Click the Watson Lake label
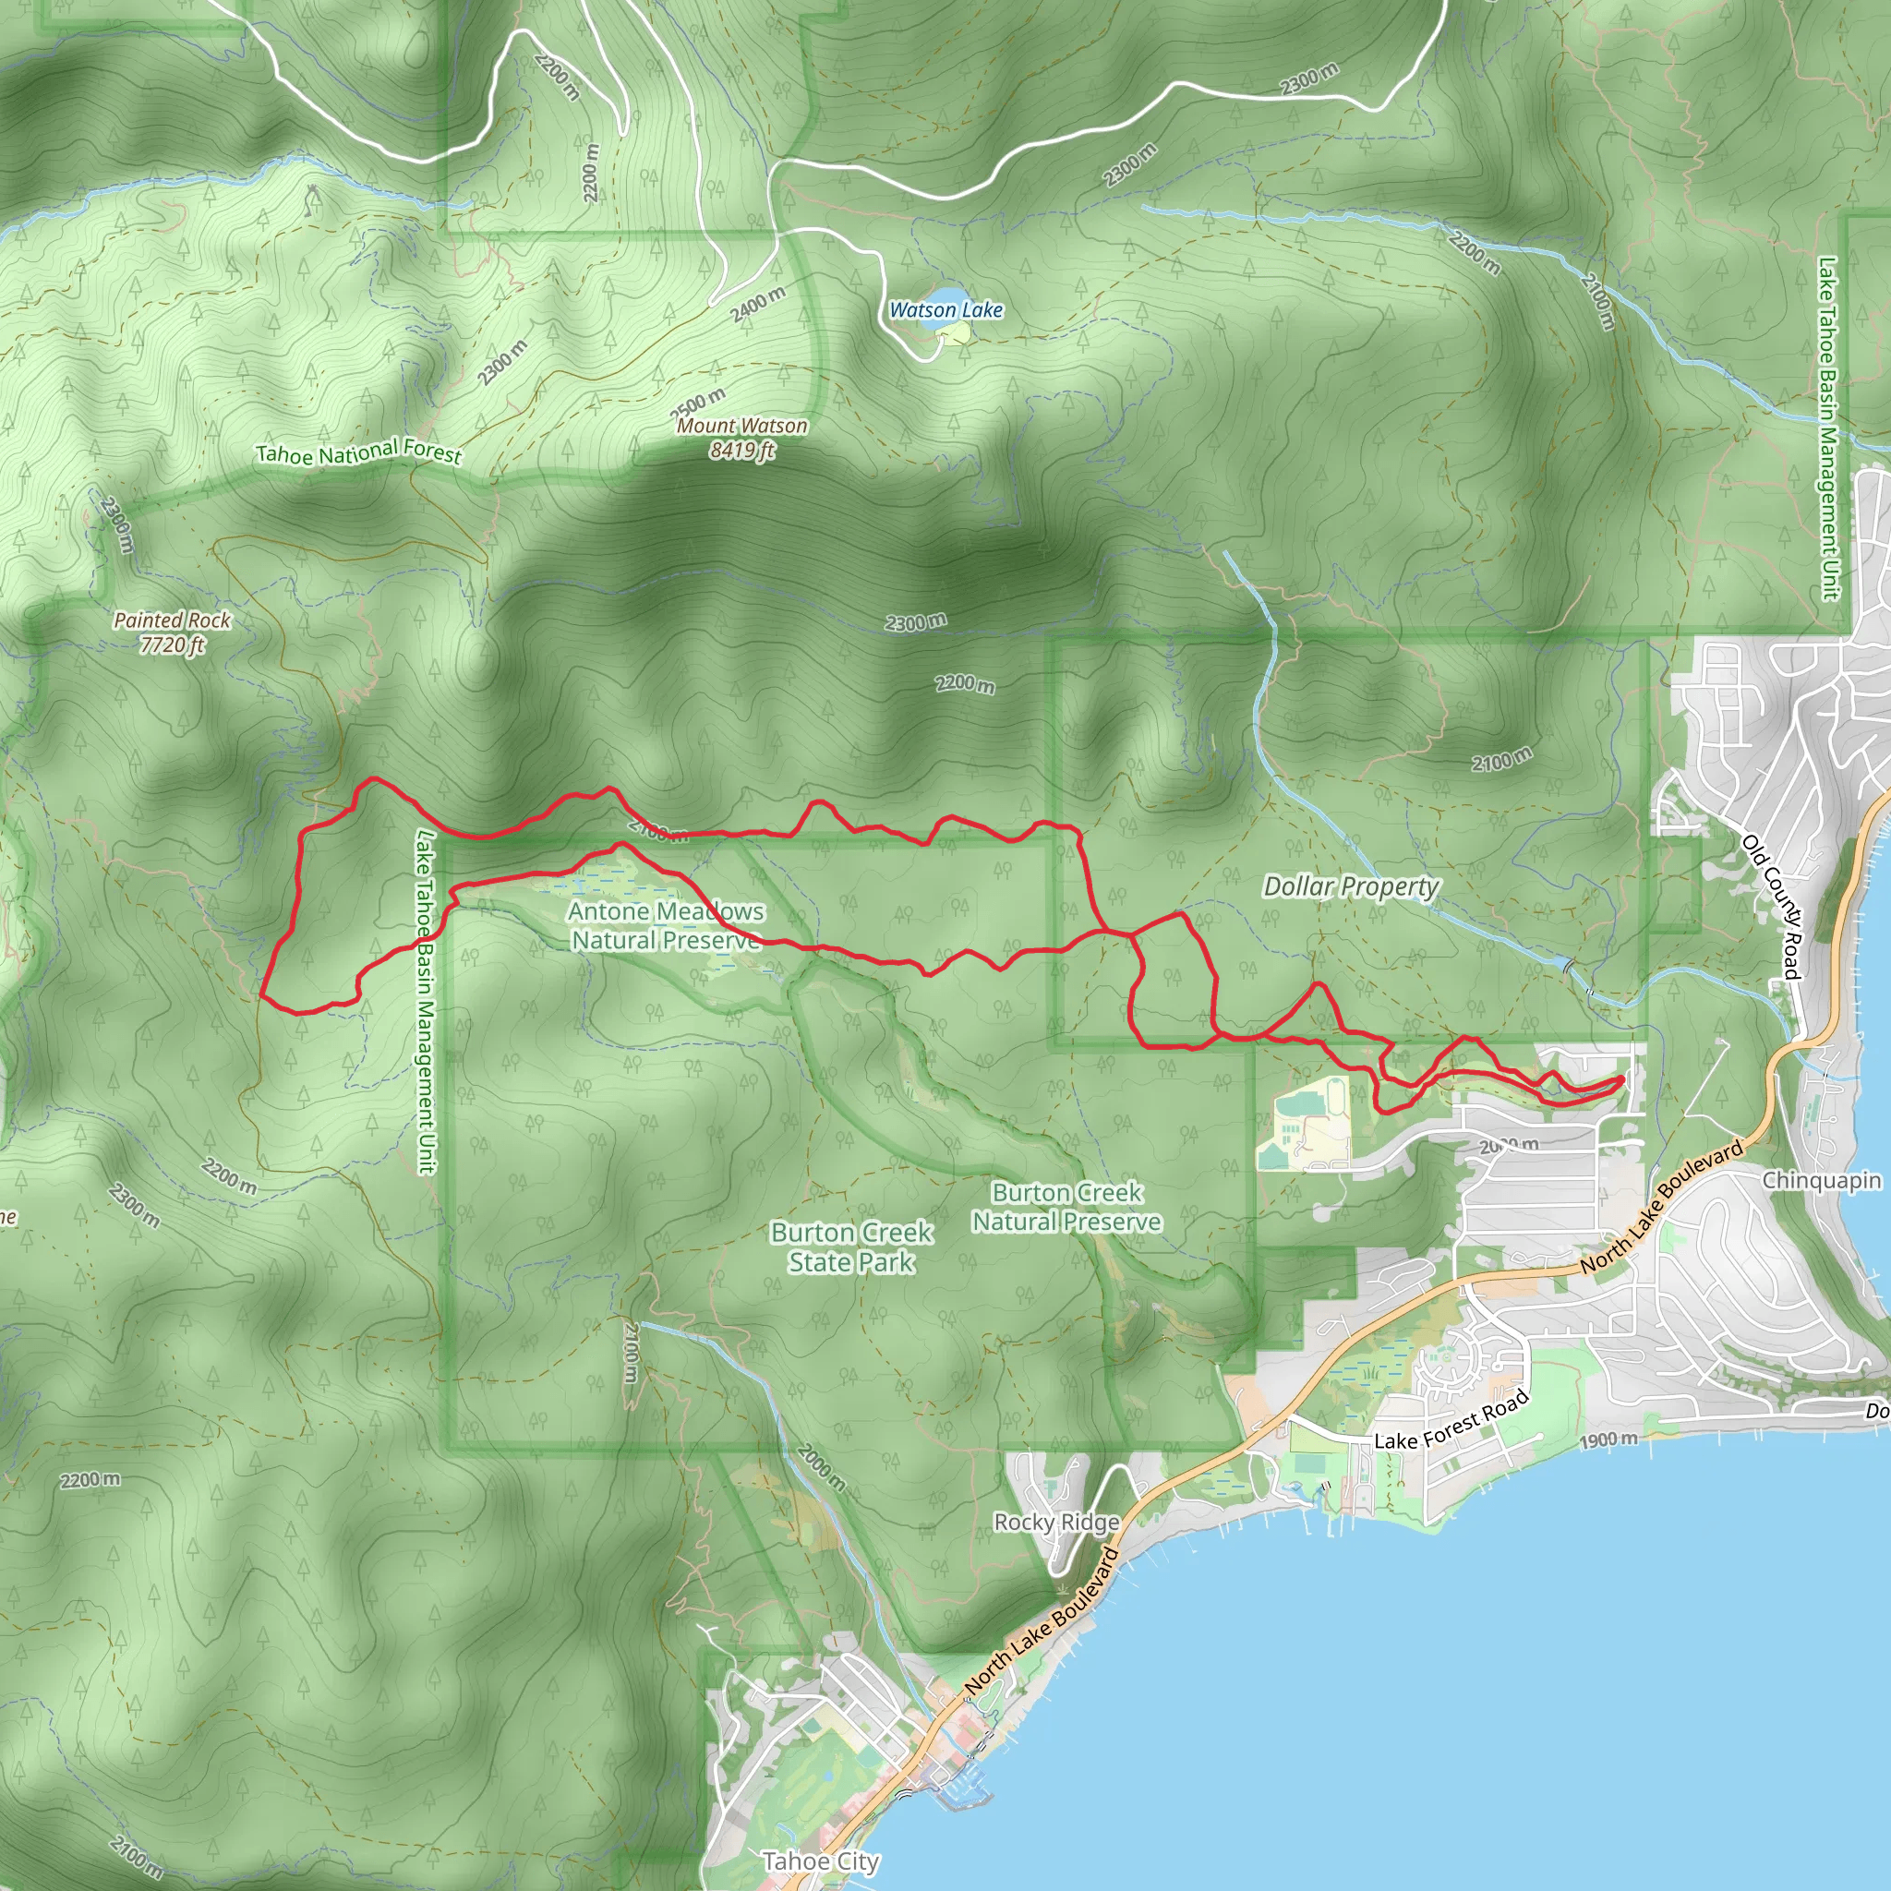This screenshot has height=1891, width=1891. click(x=945, y=310)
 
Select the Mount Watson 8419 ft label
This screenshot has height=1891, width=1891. click(x=742, y=438)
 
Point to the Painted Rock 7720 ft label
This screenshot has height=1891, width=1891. click(x=173, y=632)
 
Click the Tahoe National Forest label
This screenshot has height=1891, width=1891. click(x=358, y=452)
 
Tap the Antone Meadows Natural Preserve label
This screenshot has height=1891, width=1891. click(x=666, y=926)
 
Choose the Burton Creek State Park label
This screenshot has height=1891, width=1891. click(x=851, y=1247)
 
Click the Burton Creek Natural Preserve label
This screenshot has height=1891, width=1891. click(x=1066, y=1207)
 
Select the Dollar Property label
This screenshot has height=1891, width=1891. click(x=1351, y=886)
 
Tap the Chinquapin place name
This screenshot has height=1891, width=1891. click(x=1822, y=1180)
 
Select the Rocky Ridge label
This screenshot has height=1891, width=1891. click(x=1056, y=1522)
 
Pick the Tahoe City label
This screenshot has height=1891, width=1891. click(x=820, y=1861)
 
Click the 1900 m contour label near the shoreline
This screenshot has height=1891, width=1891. click(x=1608, y=1439)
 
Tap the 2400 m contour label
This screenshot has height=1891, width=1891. click(x=757, y=306)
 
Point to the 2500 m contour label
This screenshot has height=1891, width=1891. click(x=698, y=403)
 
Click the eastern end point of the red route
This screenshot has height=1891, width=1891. click(x=1620, y=1079)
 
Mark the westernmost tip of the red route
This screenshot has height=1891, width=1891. click(x=262, y=994)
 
